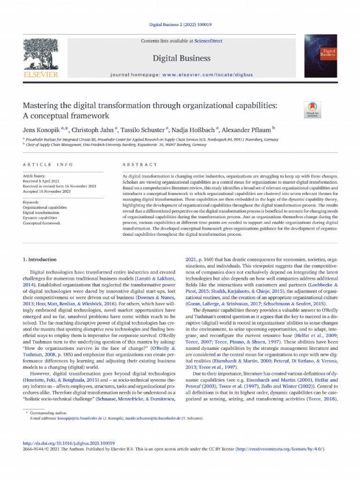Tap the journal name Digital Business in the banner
180,59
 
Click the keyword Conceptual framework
42,223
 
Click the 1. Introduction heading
40,259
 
